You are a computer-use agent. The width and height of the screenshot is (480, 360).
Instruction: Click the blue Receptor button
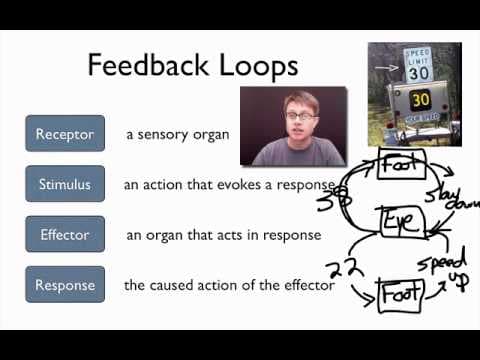click(65, 134)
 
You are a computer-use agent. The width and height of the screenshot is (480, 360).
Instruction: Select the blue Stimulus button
click(65, 184)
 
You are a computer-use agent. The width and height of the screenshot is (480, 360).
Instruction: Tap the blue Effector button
click(65, 235)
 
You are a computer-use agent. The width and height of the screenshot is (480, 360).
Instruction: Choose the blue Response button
click(65, 285)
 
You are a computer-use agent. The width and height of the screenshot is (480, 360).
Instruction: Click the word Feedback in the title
click(151, 66)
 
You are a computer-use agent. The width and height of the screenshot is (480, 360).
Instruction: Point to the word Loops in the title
click(257, 66)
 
